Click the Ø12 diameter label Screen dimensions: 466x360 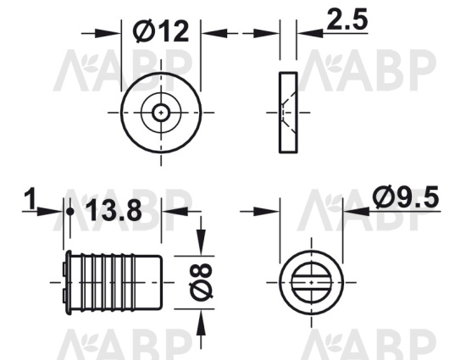coord(161,31)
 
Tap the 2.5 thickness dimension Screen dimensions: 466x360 coord(347,19)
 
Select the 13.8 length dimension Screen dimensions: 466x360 coord(114,210)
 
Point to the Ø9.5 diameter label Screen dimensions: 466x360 coord(406,197)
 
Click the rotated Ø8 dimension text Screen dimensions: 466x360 coord(201,282)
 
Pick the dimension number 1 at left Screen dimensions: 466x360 coord(30,198)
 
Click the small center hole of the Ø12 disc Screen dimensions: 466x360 coord(161,113)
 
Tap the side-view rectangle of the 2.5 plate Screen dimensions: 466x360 coord(288,113)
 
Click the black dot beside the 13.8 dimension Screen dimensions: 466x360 coord(70,212)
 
